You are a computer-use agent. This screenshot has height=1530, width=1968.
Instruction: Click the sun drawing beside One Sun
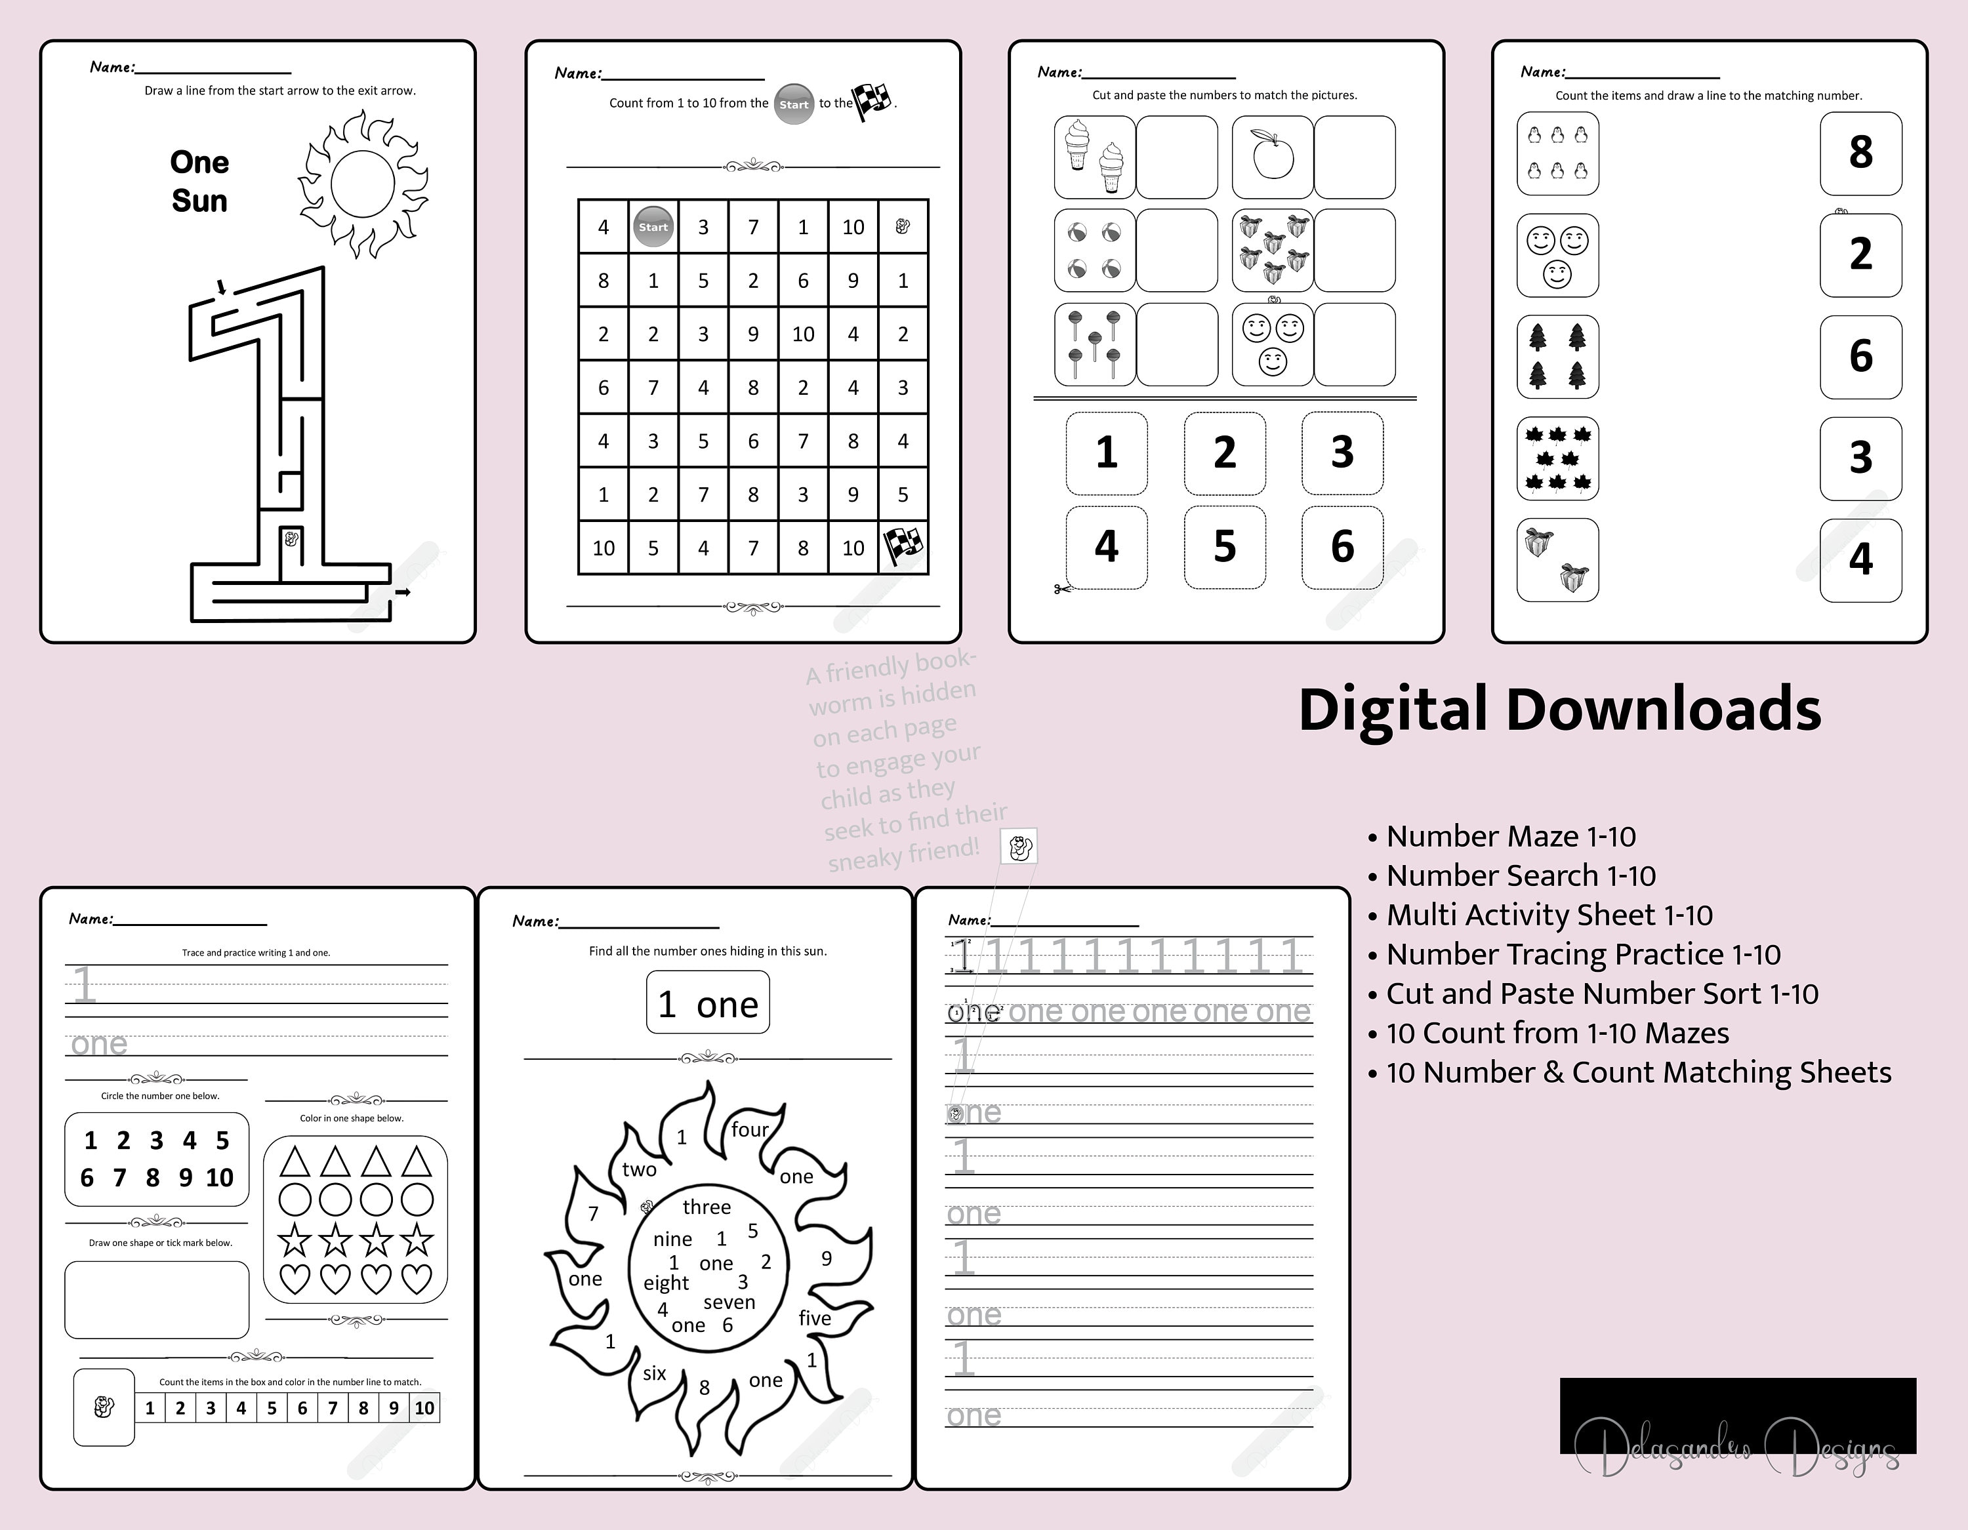pyautogui.click(x=363, y=185)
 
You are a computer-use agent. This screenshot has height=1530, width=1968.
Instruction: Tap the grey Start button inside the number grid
pyautogui.click(x=653, y=227)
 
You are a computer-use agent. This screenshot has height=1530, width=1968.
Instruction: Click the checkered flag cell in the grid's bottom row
pyautogui.click(x=903, y=547)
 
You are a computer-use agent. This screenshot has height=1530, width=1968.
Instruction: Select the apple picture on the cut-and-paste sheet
pyautogui.click(x=1273, y=157)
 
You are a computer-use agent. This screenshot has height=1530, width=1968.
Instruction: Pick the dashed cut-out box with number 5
pyautogui.click(x=1225, y=547)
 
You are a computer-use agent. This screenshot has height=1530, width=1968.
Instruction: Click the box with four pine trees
pyautogui.click(x=1557, y=357)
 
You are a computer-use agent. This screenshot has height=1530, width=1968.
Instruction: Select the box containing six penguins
pyautogui.click(x=1557, y=153)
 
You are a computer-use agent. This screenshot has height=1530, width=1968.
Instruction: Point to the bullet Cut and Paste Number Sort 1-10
pyautogui.click(x=1601, y=994)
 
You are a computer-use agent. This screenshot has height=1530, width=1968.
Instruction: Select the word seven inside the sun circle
pyautogui.click(x=729, y=1302)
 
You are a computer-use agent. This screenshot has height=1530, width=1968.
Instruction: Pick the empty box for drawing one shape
pyautogui.click(x=157, y=1299)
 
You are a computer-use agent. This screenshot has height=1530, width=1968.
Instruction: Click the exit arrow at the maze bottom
pyautogui.click(x=403, y=592)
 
